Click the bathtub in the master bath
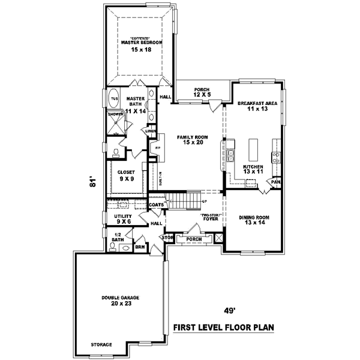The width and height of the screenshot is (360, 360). click(113, 98)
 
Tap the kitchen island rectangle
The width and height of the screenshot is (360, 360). click(252, 146)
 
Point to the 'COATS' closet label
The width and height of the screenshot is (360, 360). click(157, 204)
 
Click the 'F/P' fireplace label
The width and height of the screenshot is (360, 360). click(158, 148)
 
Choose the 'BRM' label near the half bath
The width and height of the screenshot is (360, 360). click(140, 246)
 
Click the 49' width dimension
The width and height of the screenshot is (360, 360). click(229, 311)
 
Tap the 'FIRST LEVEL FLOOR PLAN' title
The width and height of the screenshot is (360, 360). click(223, 328)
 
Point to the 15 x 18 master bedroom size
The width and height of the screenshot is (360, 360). click(142, 50)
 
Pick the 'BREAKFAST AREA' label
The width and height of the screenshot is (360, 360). click(257, 104)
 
